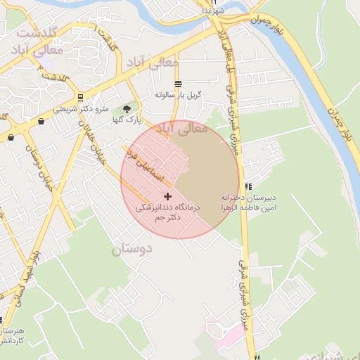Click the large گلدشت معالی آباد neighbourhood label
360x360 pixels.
pyautogui.click(x=41, y=42)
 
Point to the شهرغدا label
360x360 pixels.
pyautogui.click(x=212, y=12)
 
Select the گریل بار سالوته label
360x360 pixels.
pyautogui.click(x=179, y=94)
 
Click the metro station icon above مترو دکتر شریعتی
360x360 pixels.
pyautogui.click(x=82, y=98)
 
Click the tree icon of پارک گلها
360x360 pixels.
pyautogui.click(x=127, y=109)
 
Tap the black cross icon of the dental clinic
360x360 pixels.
pyautogui.click(x=167, y=196)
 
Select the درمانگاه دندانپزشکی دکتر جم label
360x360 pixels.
pyautogui.click(x=168, y=213)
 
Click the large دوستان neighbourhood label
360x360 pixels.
pyautogui.click(x=132, y=248)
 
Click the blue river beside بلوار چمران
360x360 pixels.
pyautogui.click(x=313, y=84)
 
